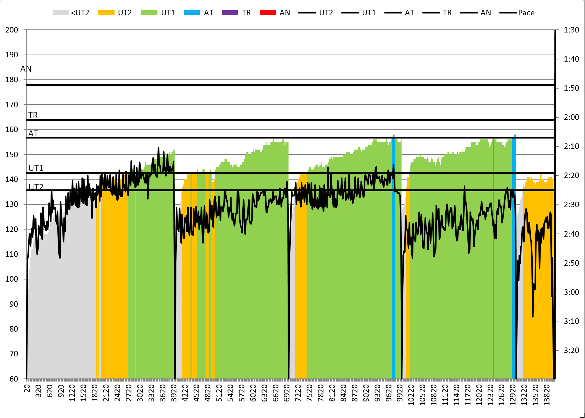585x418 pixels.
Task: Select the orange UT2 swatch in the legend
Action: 106,13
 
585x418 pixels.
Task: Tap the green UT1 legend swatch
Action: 149,13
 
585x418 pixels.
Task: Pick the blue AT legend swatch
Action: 192,13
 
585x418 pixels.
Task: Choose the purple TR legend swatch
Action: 230,13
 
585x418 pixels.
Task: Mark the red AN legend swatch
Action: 268,13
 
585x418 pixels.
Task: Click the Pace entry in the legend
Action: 517,13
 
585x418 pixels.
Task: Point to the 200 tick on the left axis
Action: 12,30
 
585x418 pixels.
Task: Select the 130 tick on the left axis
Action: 12,204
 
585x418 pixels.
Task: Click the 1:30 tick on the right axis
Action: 571,30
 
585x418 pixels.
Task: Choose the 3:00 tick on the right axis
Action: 571,292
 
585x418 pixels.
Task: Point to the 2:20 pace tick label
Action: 571,176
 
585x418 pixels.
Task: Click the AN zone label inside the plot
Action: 26,69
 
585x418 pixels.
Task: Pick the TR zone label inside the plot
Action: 33,115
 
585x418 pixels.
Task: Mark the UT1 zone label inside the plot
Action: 36,168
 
